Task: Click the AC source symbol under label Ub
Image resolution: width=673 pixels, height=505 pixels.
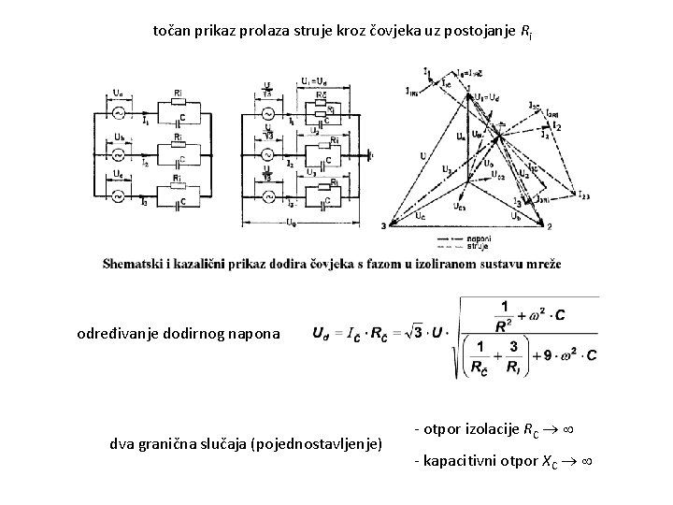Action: pyautogui.click(x=119, y=153)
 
